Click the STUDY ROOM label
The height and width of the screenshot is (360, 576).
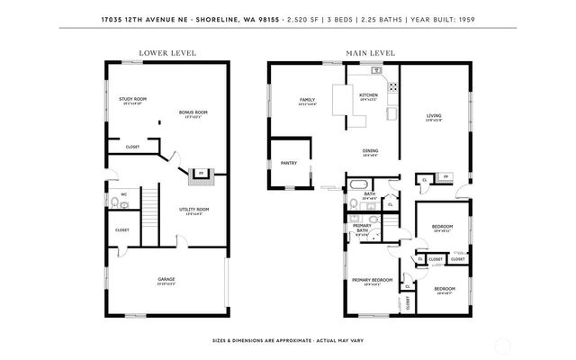click(x=132, y=99)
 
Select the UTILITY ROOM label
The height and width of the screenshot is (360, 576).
click(x=193, y=211)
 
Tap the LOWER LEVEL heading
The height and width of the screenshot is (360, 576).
click(x=160, y=53)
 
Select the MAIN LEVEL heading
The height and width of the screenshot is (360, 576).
click(x=370, y=53)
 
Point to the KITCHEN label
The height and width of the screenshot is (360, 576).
click(x=369, y=95)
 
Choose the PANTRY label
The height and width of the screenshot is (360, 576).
click(x=289, y=163)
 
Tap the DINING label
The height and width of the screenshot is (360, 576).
click(x=370, y=152)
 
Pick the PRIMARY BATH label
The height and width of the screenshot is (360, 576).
click(x=361, y=229)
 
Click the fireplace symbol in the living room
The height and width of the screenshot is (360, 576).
click(x=444, y=178)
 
